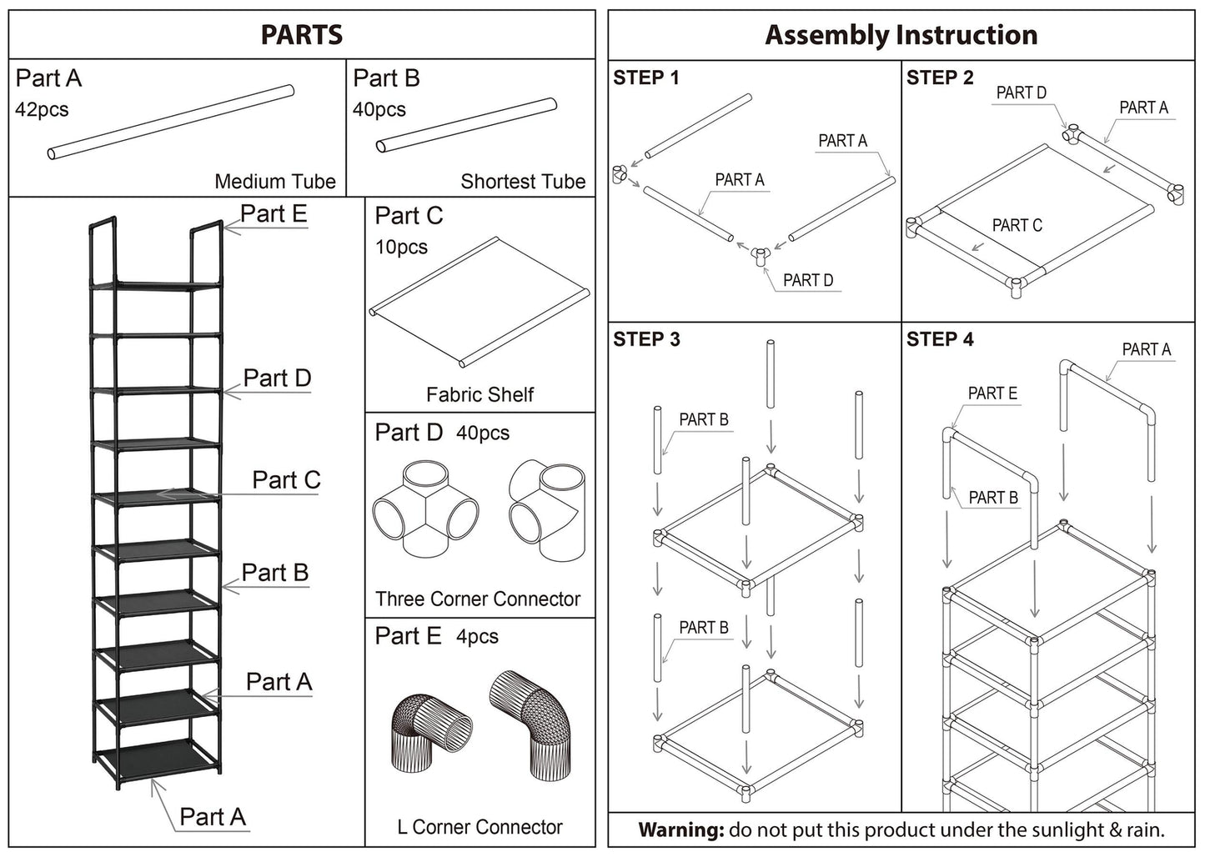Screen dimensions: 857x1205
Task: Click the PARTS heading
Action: point(301,35)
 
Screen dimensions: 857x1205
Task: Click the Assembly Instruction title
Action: point(901,35)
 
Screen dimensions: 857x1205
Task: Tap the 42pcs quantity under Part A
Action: point(42,110)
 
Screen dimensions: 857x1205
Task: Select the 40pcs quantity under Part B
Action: point(379,110)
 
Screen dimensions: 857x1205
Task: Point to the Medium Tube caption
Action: point(275,182)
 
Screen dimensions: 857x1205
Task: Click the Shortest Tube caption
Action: point(523,182)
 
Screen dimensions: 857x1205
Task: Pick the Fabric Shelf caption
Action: point(479,394)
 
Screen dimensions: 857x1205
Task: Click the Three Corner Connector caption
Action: point(478,599)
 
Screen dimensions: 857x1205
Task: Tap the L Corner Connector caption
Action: point(479,827)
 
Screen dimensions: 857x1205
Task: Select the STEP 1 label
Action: point(646,78)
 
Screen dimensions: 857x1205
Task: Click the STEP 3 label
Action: point(646,339)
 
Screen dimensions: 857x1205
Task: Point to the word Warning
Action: point(680,830)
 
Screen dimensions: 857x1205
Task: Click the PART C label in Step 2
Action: point(1017,225)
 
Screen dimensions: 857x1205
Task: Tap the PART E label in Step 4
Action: point(992,393)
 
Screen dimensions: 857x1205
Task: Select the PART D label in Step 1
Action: point(807,280)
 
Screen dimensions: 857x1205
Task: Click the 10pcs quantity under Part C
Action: point(401,248)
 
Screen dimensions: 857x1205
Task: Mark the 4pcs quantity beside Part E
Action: point(477,637)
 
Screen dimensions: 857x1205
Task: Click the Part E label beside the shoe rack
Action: point(274,214)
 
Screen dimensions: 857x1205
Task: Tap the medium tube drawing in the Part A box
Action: point(171,122)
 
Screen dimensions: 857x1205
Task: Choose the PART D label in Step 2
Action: point(1021,93)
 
